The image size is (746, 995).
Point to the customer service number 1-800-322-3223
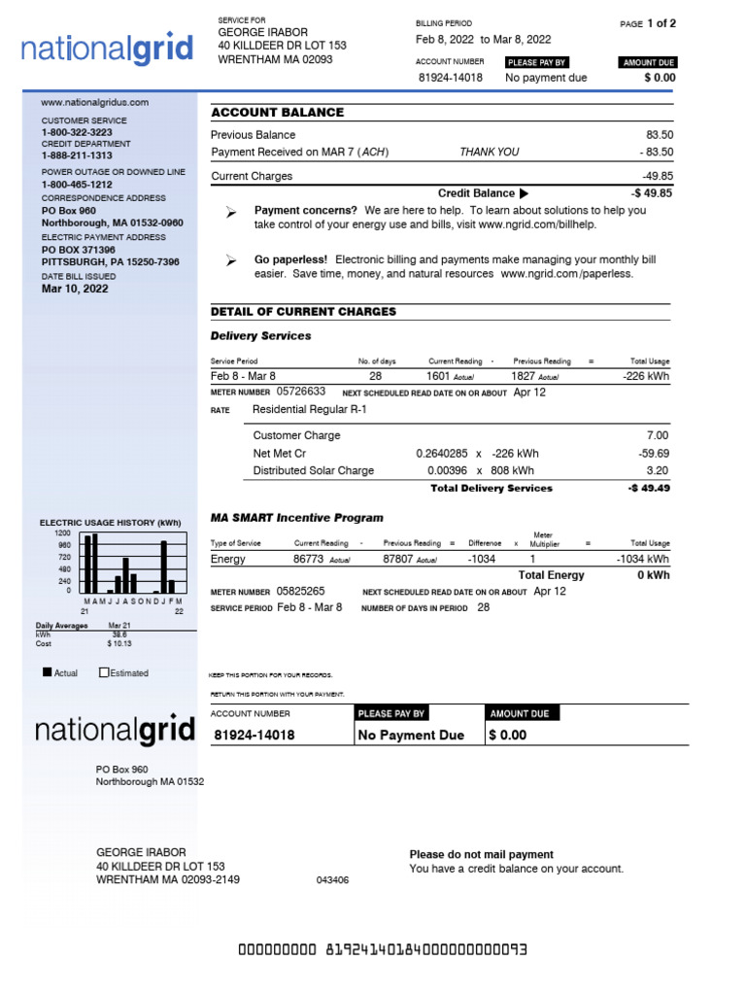[x=76, y=132]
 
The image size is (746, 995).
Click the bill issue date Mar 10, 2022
[x=74, y=289]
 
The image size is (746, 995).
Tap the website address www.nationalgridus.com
[x=94, y=102]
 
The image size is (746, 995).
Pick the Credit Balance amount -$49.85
[x=651, y=193]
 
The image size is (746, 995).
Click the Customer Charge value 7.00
[x=658, y=436]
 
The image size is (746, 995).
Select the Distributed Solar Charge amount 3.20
[x=658, y=471]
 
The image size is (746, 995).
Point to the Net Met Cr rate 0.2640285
[x=441, y=454]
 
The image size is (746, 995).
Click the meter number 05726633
[x=301, y=392]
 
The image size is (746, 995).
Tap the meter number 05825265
[x=301, y=591]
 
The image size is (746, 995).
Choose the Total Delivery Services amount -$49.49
[x=649, y=489]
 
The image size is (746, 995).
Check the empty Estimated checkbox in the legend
[x=105, y=672]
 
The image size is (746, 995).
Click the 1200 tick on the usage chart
[x=62, y=533]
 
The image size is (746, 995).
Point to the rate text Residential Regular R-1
[x=310, y=410]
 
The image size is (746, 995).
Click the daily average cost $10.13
[x=119, y=643]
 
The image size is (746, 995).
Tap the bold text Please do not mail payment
[x=481, y=855]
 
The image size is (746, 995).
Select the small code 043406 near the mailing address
[x=332, y=880]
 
